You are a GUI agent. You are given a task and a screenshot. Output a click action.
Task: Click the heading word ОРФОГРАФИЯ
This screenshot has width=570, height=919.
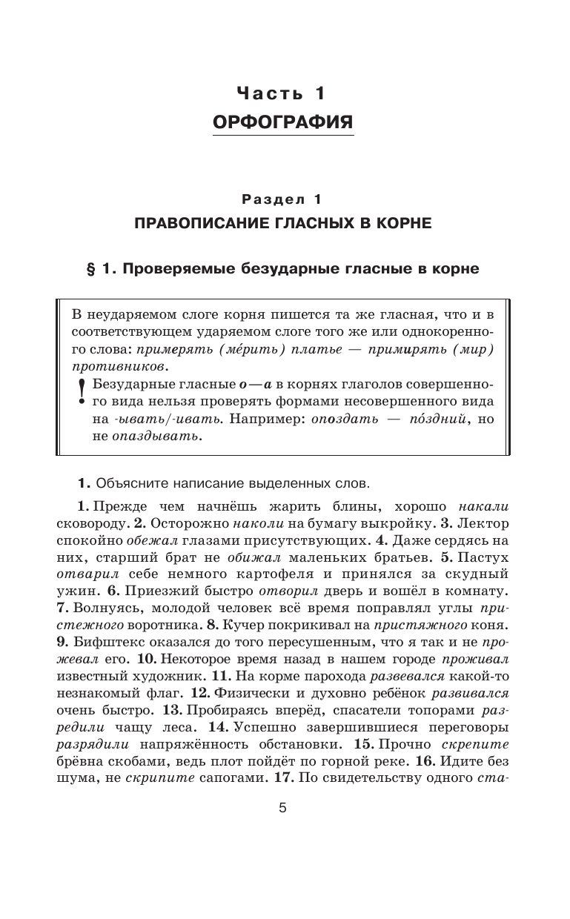(x=283, y=122)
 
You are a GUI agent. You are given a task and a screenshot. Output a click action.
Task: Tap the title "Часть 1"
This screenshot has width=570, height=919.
(x=281, y=93)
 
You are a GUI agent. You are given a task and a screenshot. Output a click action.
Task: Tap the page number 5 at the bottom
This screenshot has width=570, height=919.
(x=282, y=808)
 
